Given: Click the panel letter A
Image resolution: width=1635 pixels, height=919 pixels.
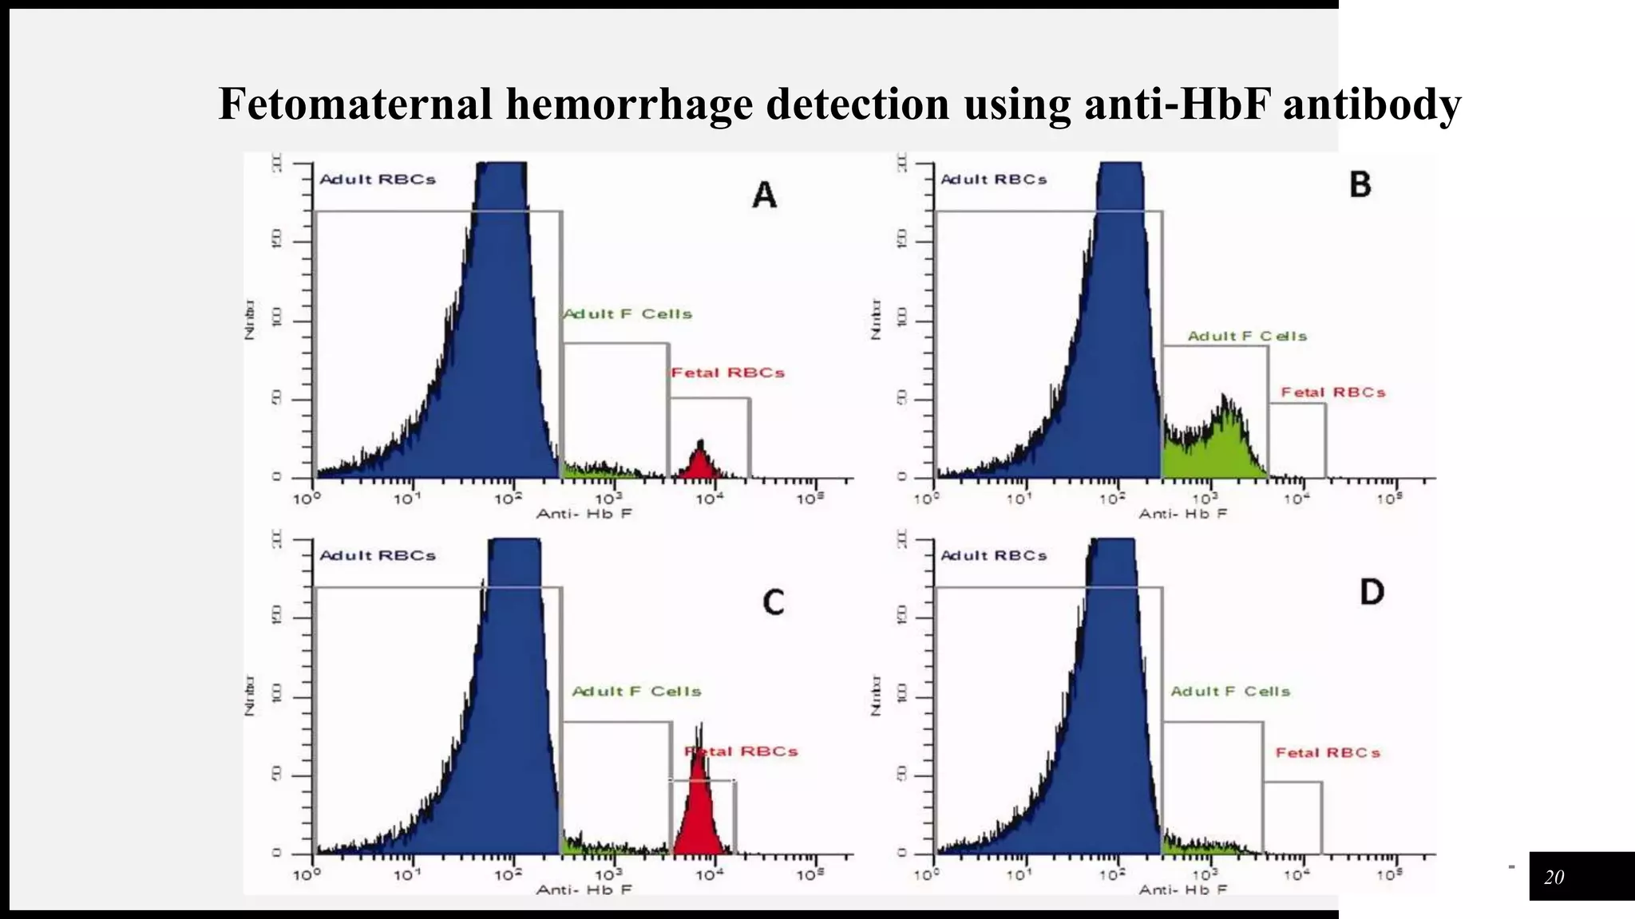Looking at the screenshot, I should coord(764,194).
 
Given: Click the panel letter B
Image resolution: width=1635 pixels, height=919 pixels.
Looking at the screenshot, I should coord(1360,184).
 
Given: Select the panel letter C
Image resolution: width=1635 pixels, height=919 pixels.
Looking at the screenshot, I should coord(773,601).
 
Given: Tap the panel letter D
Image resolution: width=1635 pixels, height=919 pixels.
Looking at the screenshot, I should coord(1371,592).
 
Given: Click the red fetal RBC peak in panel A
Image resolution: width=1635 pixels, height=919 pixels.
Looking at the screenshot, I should coord(700,463).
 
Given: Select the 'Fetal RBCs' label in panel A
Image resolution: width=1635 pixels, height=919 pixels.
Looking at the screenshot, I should coord(727,373).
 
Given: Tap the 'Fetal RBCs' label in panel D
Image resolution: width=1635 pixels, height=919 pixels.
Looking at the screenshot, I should coord(1327,752).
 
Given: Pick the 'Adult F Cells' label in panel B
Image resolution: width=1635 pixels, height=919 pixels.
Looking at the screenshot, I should coord(1247,336).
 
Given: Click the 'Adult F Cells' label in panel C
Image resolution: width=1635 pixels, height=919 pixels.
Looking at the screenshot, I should coord(636,691).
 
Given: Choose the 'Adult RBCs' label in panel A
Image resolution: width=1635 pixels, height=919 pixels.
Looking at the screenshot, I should coord(378,179).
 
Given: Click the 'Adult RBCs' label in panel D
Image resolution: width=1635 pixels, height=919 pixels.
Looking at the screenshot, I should coord(993,555).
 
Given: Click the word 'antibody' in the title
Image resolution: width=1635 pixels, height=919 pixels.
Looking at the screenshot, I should coord(1372,104).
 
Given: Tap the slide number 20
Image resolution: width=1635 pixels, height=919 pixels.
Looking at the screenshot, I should coord(1554,878).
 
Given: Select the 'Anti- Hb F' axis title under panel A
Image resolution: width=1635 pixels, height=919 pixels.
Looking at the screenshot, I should coord(584,514).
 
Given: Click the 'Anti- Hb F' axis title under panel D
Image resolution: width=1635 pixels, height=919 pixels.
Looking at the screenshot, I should coord(1182,889).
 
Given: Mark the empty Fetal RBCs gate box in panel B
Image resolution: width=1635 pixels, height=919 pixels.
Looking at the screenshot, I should coord(1297,440).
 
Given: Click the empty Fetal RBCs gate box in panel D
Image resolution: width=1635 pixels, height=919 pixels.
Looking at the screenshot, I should coord(1293,818).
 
